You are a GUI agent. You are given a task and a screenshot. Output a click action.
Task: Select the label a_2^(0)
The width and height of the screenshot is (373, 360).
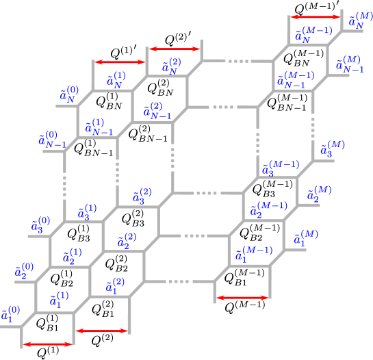point(24,270)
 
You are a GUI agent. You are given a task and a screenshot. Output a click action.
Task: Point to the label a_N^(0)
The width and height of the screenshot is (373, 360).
point(68,94)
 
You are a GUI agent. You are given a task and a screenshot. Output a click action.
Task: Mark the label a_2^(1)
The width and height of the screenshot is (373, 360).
point(73,256)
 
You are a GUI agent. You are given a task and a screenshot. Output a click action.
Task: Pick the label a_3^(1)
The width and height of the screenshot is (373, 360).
point(87,211)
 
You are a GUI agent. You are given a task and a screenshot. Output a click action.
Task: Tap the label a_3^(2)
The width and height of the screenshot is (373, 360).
point(142,196)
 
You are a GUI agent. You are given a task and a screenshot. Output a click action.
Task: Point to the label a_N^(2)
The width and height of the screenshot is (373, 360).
point(171,66)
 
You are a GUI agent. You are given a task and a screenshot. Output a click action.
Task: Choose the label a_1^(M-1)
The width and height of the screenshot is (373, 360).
point(254,255)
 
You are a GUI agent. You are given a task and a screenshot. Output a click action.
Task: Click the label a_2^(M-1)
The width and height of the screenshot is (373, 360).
point(268,210)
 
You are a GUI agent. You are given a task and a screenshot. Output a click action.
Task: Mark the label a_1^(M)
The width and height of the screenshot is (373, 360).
point(306,237)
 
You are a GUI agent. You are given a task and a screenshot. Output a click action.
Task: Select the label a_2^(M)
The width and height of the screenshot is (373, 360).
point(319,194)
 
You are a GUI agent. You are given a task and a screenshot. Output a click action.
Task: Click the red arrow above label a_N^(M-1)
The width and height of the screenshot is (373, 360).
point(316,17)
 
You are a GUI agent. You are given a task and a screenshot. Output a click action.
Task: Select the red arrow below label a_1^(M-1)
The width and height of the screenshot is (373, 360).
point(242,298)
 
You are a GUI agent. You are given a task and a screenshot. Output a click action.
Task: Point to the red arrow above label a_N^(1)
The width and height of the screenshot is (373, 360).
point(120,62)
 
